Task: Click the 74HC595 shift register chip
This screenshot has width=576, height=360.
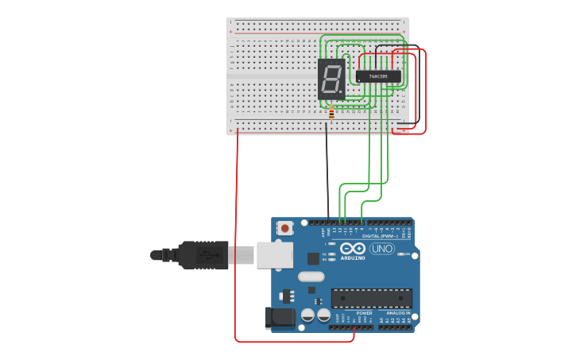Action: coord(378,76)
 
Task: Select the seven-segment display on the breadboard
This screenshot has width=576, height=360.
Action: coord(331,78)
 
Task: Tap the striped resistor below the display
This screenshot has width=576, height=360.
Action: coord(331,114)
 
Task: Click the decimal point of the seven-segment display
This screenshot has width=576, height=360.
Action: coord(342,91)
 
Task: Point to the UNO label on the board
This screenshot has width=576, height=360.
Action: coord(382,249)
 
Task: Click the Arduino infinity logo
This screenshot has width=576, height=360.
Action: coord(353,248)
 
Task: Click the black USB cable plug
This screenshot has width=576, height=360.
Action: coord(203,255)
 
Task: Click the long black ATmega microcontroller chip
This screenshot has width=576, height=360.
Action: coord(372,298)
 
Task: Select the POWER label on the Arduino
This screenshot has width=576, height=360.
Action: coord(364,313)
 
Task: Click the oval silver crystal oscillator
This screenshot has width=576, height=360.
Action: coord(311,277)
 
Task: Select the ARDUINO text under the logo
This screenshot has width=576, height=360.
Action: coord(353,257)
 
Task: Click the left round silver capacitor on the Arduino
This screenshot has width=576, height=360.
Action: coord(307,315)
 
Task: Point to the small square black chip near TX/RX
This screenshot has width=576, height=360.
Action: coord(313,257)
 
